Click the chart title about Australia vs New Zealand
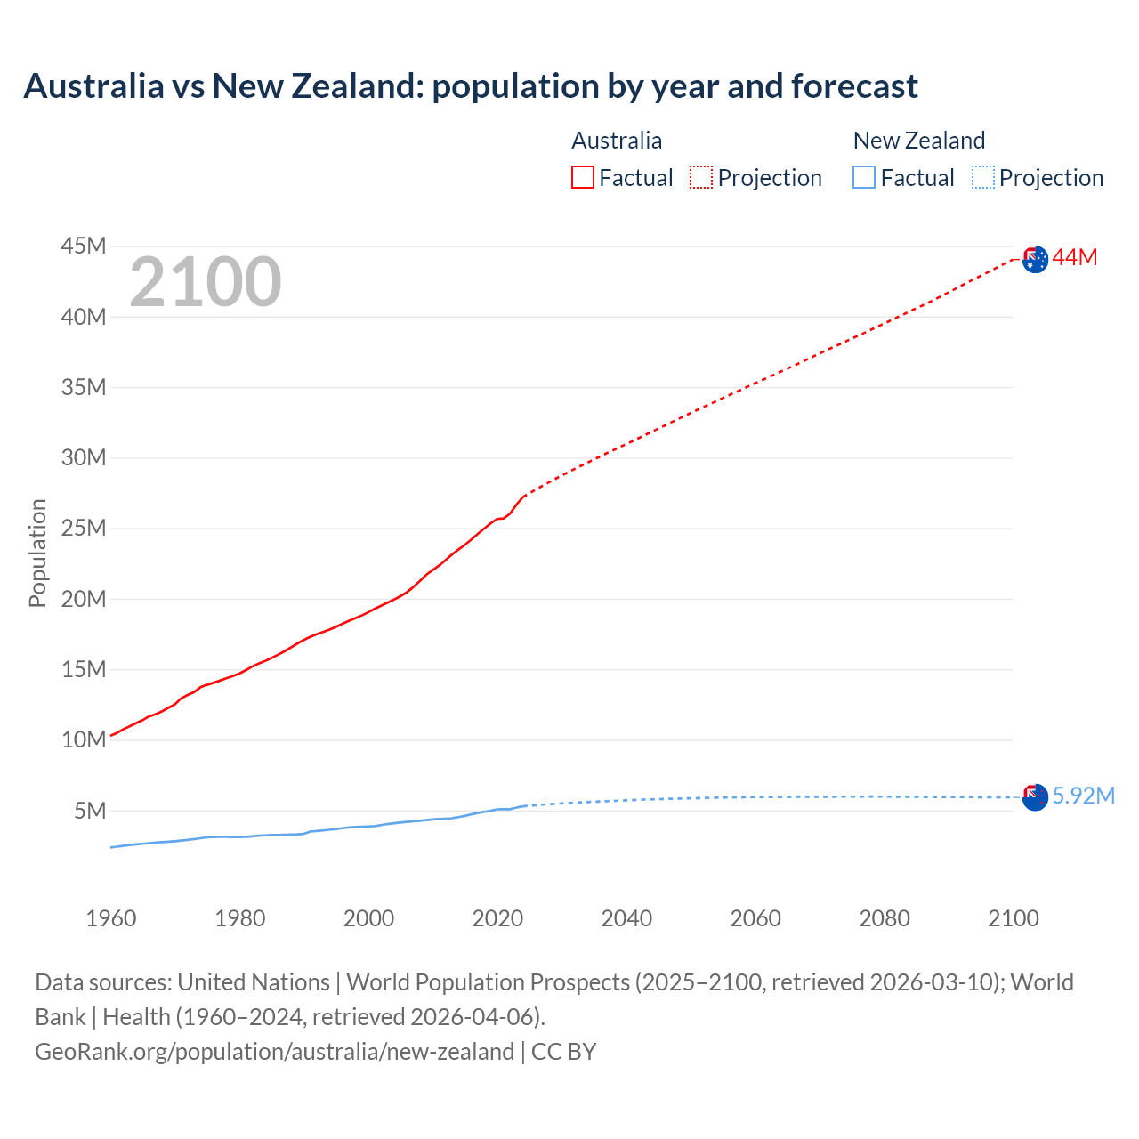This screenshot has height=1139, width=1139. pyautogui.click(x=471, y=86)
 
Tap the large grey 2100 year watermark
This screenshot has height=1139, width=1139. pyautogui.click(x=206, y=282)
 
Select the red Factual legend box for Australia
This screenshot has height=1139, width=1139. pyautogui.click(x=582, y=177)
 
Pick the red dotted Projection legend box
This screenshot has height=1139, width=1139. pyautogui.click(x=701, y=177)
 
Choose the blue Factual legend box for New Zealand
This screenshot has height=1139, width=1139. pyautogui.click(x=863, y=177)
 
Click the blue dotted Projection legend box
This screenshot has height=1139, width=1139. pyautogui.click(x=982, y=177)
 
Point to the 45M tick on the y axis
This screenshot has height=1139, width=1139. pyautogui.click(x=84, y=246)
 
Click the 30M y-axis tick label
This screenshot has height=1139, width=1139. pyautogui.click(x=84, y=458)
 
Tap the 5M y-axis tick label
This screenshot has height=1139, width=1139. pyautogui.click(x=90, y=811)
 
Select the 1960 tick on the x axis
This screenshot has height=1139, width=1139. pyautogui.click(x=111, y=918)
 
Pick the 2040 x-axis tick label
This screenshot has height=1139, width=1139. pyautogui.click(x=626, y=918)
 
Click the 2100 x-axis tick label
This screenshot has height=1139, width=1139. pyautogui.click(x=1013, y=918)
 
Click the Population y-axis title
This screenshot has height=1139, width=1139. pyautogui.click(x=37, y=553)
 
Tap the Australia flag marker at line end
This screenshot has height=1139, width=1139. pyautogui.click(x=1035, y=260)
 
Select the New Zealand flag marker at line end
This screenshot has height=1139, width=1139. pyautogui.click(x=1035, y=797)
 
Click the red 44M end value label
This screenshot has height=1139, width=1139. pyautogui.click(x=1075, y=258)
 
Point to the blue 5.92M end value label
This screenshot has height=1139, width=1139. pyautogui.click(x=1083, y=796)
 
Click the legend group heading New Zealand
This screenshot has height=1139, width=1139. pyautogui.click(x=918, y=141)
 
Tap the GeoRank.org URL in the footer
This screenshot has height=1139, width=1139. pyautogui.click(x=274, y=1052)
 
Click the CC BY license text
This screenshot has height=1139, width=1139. pyautogui.click(x=563, y=1052)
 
